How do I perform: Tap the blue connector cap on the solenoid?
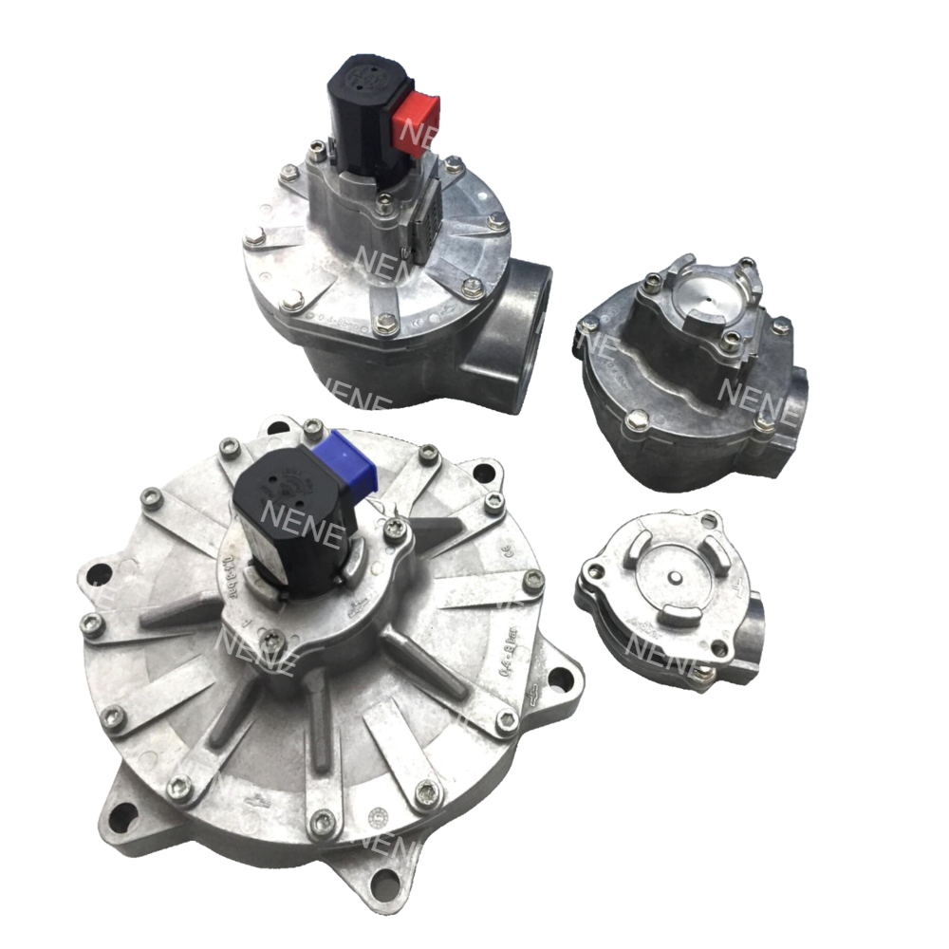point(351,462)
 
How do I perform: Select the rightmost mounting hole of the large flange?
point(560,679)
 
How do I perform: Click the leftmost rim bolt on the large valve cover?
point(92,623)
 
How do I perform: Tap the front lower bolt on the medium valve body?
point(638,419)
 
